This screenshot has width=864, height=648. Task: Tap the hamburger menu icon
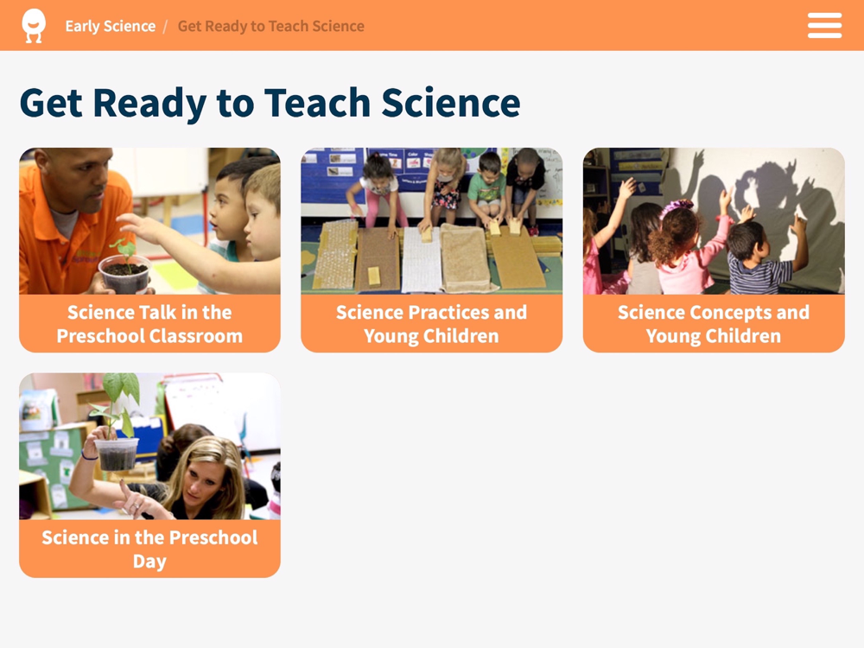824,25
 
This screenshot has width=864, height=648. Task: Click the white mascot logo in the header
34,25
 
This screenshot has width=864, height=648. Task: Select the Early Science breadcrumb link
111,26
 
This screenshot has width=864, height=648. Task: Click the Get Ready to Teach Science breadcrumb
270,26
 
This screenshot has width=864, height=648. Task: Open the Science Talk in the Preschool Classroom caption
149,324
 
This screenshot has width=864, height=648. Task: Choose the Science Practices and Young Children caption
431,324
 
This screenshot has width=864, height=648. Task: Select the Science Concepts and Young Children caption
714,324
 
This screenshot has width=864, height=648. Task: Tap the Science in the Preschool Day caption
149,549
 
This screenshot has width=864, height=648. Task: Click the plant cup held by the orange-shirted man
124,273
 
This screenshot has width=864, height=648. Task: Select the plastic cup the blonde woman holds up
116,454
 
